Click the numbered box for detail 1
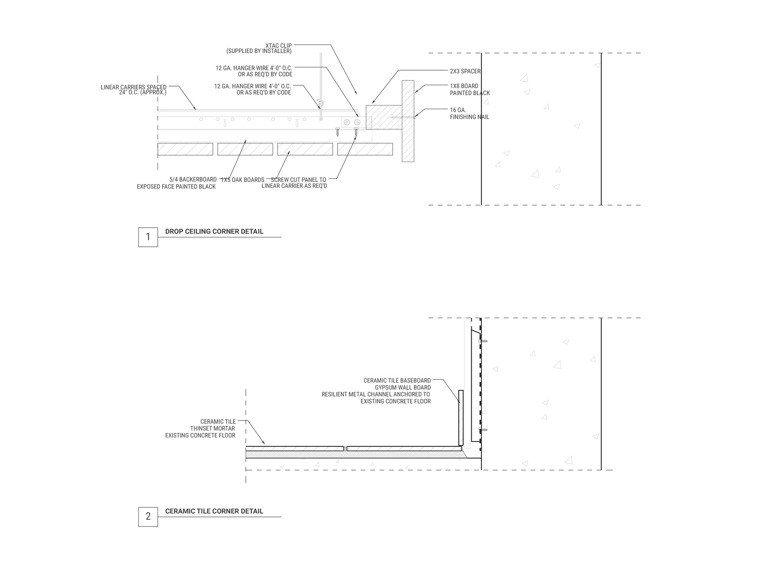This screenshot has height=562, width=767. (148, 237)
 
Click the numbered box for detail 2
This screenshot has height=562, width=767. (148, 517)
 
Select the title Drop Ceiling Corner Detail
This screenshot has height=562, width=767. (214, 231)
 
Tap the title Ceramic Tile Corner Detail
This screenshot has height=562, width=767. (214, 511)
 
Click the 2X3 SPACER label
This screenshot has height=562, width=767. (465, 71)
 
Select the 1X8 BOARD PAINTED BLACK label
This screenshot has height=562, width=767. (470, 89)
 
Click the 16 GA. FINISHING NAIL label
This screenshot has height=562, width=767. (469, 113)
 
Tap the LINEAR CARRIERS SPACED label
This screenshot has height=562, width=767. (134, 89)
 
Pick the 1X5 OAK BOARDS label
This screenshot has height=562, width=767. (243, 180)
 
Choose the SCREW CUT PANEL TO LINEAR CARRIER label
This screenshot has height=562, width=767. (294, 183)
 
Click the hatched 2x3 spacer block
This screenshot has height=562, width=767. (384, 118)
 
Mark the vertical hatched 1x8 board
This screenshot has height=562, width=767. (408, 121)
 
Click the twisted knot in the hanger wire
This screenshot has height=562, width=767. (320, 103)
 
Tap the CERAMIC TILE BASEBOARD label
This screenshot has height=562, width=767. (397, 380)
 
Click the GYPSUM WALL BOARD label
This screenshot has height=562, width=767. (403, 388)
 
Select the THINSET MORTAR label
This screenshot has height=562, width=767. (213, 429)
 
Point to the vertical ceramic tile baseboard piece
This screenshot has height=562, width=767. (461, 418)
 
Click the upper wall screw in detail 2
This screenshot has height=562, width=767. (483, 341)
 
